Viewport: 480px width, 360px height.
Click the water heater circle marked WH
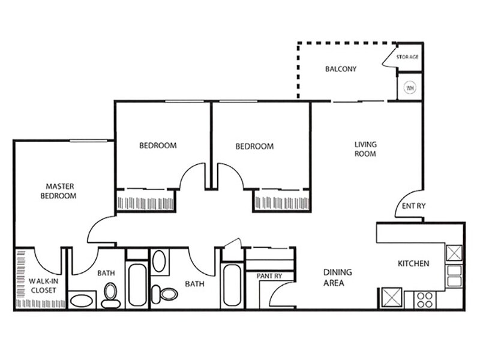pyautogui.click(x=410, y=88)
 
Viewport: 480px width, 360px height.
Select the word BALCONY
pyautogui.click(x=341, y=69)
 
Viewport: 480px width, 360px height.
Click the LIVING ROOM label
pyautogui.click(x=365, y=149)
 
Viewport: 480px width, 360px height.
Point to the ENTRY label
pyautogui.click(x=413, y=206)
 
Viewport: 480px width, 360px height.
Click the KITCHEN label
pyautogui.click(x=413, y=263)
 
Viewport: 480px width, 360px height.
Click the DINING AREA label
pyautogui.click(x=338, y=277)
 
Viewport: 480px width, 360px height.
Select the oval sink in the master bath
pyautogui.click(x=82, y=299)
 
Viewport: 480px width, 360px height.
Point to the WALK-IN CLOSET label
pyautogui.click(x=43, y=286)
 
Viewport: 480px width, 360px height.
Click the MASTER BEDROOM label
pyautogui.click(x=58, y=191)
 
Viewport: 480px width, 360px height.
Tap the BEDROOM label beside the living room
pyautogui.click(x=254, y=146)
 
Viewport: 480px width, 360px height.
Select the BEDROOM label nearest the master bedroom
pyautogui.click(x=158, y=145)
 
